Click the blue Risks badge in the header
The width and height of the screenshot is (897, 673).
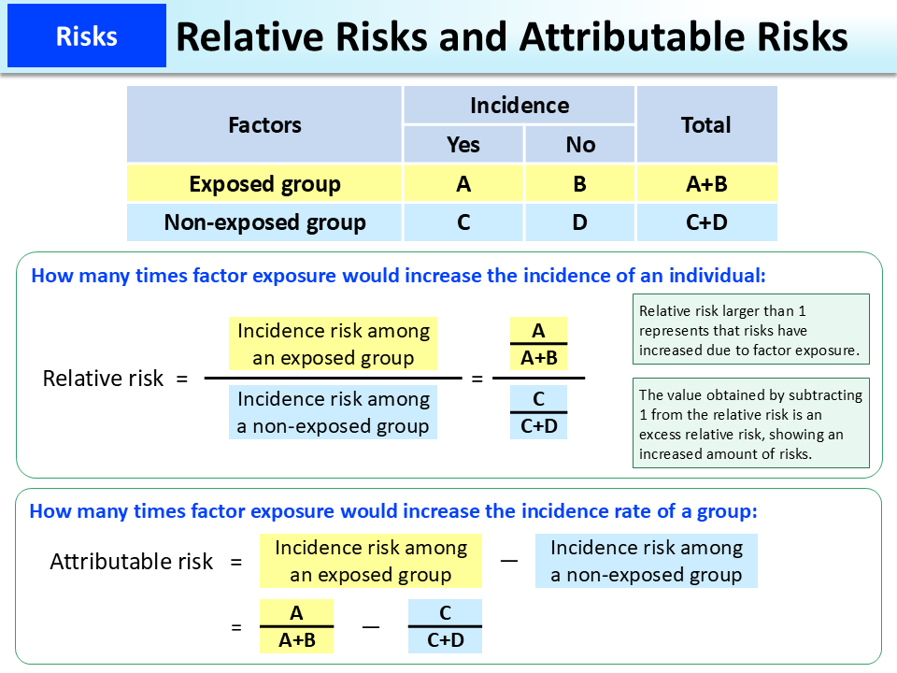coord(86,36)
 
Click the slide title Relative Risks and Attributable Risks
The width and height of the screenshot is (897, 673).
coord(511,36)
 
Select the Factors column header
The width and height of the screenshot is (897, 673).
coord(264,124)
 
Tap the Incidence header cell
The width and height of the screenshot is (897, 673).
coord(519,106)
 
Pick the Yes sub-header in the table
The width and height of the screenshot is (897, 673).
coord(463,144)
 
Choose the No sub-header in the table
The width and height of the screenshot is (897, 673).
coord(580,144)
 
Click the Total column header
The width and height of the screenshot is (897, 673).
coord(705,124)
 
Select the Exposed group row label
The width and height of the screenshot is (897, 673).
coord(264,184)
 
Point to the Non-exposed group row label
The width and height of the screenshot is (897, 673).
coord(264,222)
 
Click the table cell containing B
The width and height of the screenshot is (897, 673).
coord(580,184)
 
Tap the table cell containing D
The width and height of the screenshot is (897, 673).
coord(580,222)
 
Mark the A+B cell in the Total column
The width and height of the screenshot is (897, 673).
coord(705,184)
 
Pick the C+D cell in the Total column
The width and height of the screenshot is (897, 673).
coord(705,222)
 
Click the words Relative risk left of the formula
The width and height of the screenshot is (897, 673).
coord(103,379)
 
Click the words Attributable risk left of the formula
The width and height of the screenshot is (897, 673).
coord(132,562)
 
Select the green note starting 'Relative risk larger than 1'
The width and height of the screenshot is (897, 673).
coord(750,330)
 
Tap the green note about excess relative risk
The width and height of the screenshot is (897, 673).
coord(750,423)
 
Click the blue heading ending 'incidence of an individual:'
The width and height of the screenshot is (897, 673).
coord(398,276)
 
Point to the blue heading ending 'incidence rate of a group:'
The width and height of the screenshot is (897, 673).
coord(393,511)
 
